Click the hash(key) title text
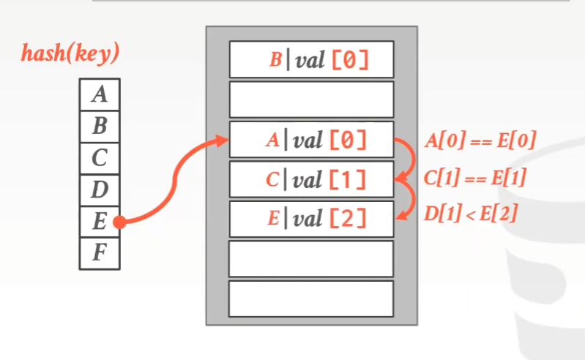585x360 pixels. pos(70,53)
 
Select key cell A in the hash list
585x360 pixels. pos(100,94)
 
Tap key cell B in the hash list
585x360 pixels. pos(100,125)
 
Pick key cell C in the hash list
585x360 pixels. pos(100,157)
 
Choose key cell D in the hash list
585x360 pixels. pos(100,190)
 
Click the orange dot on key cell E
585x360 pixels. pos(119,222)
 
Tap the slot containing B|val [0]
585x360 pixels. pos(311,59)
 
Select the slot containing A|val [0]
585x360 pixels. pos(311,139)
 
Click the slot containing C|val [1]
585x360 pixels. pos(311,179)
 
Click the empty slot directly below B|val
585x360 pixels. pos(311,100)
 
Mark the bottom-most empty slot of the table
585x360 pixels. pos(311,299)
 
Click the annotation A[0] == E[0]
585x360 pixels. pos(480,140)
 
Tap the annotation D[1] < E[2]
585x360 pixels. pos(472,214)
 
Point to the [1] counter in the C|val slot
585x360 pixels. pos(349,179)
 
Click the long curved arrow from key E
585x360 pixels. pos(176,183)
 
